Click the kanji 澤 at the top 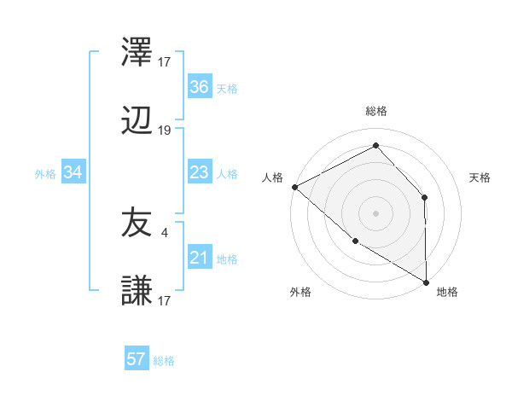pyautogui.click(x=137, y=54)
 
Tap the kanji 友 pyautogui.click(x=137, y=224)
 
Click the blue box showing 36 pyautogui.click(x=199, y=87)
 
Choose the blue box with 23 pyautogui.click(x=199, y=172)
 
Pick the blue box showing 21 pyautogui.click(x=199, y=258)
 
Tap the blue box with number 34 pyautogui.click(x=73, y=172)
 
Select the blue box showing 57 pyautogui.click(x=137, y=359)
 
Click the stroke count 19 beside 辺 pyautogui.click(x=165, y=131)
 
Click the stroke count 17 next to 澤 pyautogui.click(x=165, y=61)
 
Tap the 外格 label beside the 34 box pyautogui.click(x=45, y=174)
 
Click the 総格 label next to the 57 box pyautogui.click(x=164, y=361)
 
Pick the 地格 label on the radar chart pyautogui.click(x=447, y=292)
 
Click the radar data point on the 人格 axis pyautogui.click(x=294, y=187)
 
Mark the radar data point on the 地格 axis pyautogui.click(x=425, y=282)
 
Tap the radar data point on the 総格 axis pyautogui.click(x=375, y=146)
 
